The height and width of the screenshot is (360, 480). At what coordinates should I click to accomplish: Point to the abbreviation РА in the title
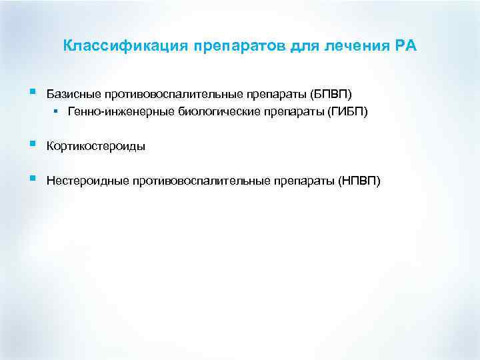(407, 46)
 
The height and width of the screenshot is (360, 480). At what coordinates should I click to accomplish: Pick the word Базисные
(71, 93)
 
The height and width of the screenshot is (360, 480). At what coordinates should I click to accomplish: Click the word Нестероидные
(87, 181)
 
